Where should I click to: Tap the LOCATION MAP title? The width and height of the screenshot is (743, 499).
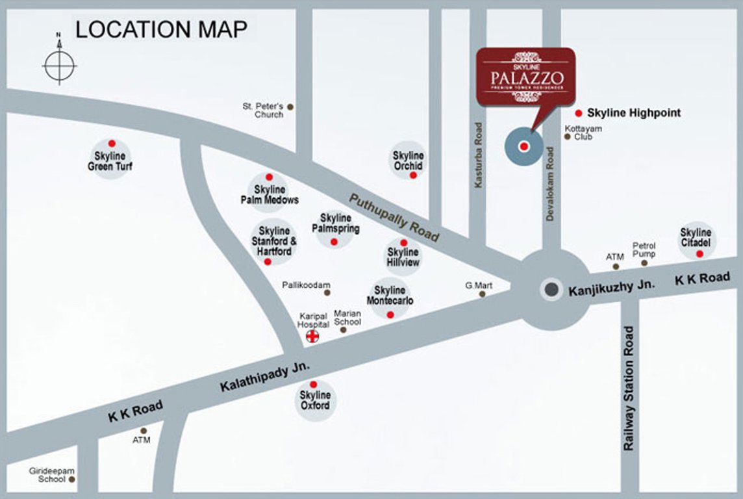pos(161,29)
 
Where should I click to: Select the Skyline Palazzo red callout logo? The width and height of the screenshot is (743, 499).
pos(525,77)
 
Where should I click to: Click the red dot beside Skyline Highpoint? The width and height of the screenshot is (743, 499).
pos(578,112)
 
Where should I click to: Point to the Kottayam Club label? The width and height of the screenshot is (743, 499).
pos(583,133)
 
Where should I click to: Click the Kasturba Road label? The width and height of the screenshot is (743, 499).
pos(479,156)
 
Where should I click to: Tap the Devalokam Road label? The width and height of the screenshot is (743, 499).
pos(550,183)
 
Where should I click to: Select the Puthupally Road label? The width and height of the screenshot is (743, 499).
pos(394,217)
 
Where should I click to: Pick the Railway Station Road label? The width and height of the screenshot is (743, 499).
pos(628,389)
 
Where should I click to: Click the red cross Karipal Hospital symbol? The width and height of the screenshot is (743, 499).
pos(312,336)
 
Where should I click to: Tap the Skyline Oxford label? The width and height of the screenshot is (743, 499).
pos(315,400)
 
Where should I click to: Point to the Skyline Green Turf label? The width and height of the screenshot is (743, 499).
pos(110,161)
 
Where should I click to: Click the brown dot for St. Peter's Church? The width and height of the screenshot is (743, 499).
pos(290,107)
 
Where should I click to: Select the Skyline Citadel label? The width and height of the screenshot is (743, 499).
pos(696,237)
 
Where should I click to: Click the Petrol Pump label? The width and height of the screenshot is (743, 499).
pos(644,249)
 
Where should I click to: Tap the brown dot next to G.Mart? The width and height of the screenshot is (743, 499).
pos(482,294)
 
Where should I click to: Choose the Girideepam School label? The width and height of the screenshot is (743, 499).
pos(47,474)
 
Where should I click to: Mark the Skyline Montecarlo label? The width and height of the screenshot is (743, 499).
pos(390,296)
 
